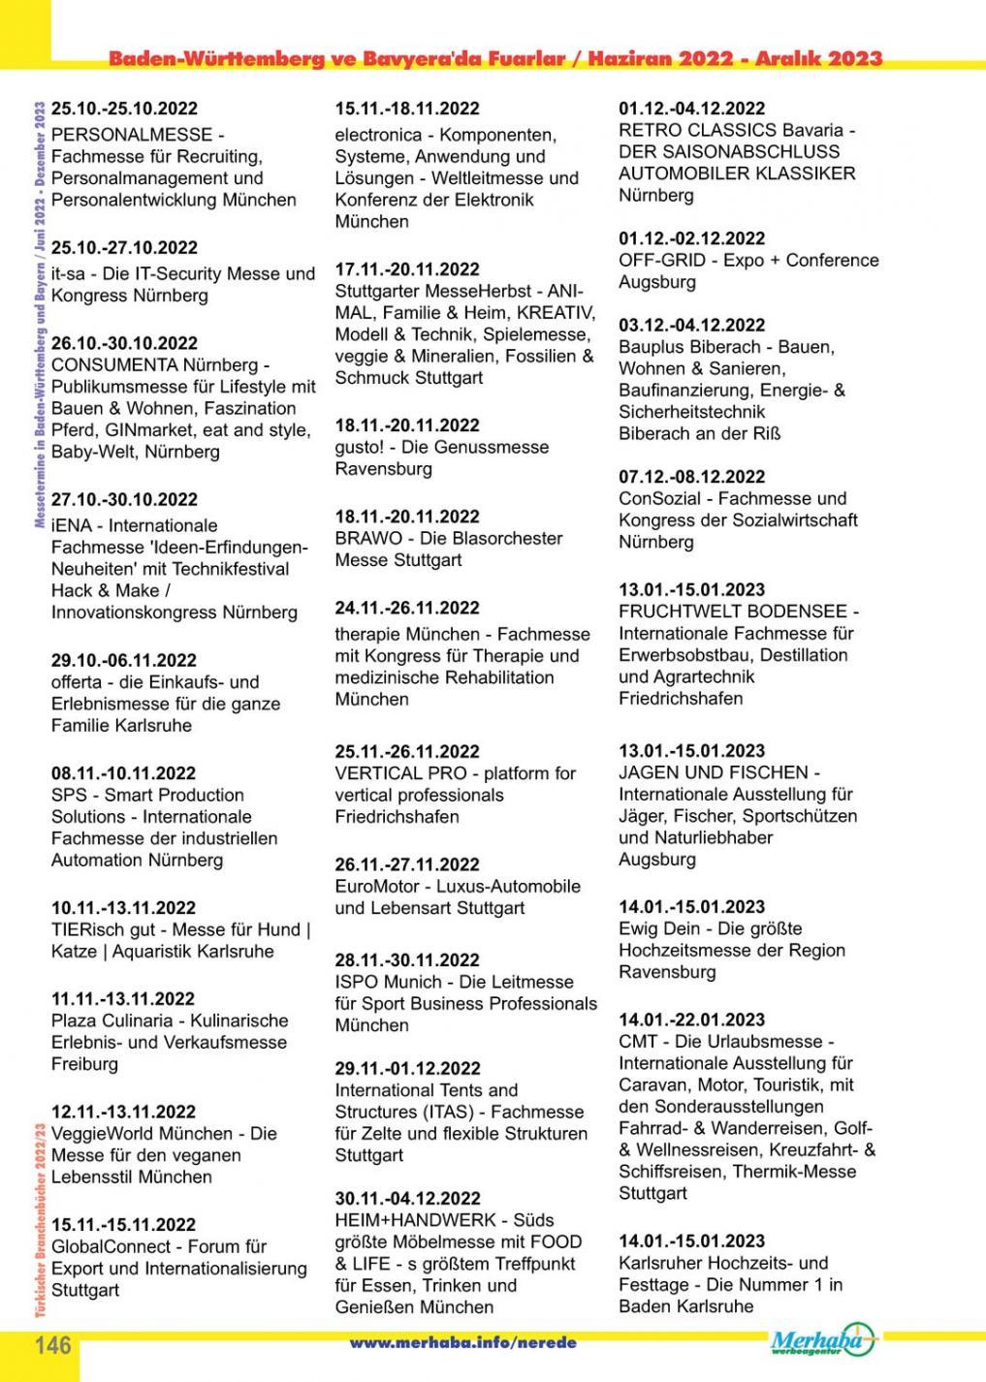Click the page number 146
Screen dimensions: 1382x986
pyautogui.click(x=53, y=1346)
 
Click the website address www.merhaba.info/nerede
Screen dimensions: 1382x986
pyautogui.click(x=462, y=1343)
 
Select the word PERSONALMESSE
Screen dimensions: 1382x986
pyautogui.click(x=131, y=135)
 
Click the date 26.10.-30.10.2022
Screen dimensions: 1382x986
pyautogui.click(x=124, y=343)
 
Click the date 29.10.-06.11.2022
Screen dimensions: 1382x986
pyautogui.click(x=124, y=660)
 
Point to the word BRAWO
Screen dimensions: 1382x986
pyautogui.click(x=366, y=538)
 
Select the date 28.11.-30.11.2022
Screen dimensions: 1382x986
pyautogui.click(x=407, y=960)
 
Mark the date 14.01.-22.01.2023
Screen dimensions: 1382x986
pyautogui.click(x=691, y=1020)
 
